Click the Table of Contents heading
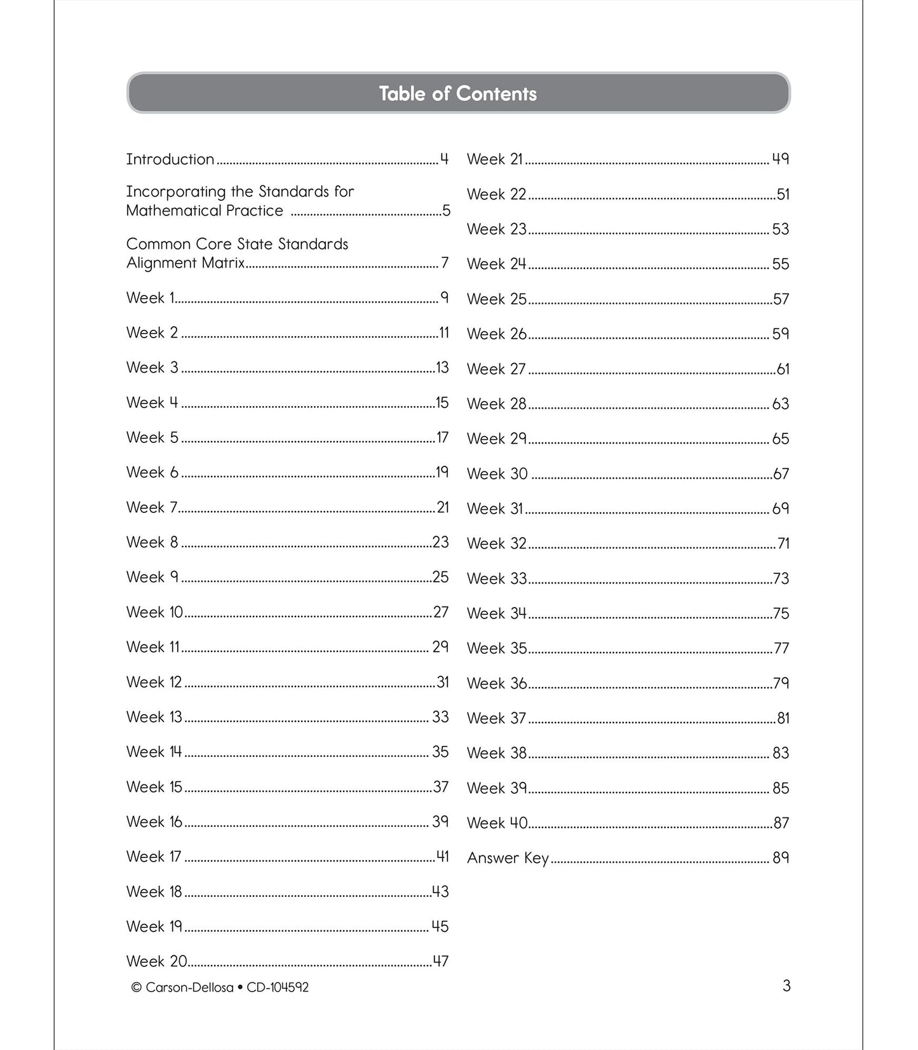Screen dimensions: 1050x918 [x=457, y=93]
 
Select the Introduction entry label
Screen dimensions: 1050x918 [x=170, y=159]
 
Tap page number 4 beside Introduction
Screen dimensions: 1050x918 [x=444, y=159]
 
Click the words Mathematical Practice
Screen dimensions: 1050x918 [x=205, y=210]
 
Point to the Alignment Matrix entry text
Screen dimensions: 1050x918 [x=186, y=262]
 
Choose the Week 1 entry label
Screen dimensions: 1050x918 [x=150, y=297]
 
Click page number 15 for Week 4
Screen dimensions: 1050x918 [x=442, y=402]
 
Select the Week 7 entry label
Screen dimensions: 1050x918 [x=151, y=507]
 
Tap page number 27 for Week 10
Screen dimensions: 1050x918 [x=441, y=612]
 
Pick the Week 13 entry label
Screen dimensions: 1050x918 [x=154, y=717]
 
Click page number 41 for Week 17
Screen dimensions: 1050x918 [x=443, y=857]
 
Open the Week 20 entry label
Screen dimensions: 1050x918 [x=156, y=961]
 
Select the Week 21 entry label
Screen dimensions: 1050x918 [x=494, y=159]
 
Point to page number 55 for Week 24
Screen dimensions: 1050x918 [x=780, y=264]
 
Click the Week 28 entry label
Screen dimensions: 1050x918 [x=497, y=404]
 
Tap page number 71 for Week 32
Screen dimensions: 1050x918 [x=783, y=543]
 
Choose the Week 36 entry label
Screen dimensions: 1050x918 [x=497, y=683]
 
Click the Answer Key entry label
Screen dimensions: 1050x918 [x=508, y=858]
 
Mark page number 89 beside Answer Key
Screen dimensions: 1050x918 [x=780, y=858]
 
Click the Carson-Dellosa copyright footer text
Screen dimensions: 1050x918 [x=220, y=987]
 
